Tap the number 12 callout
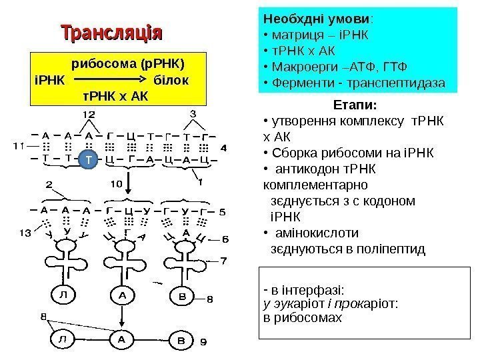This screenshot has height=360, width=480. (x=88, y=115)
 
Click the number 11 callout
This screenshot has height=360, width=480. (x=18, y=144)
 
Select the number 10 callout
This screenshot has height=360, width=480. (x=115, y=181)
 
